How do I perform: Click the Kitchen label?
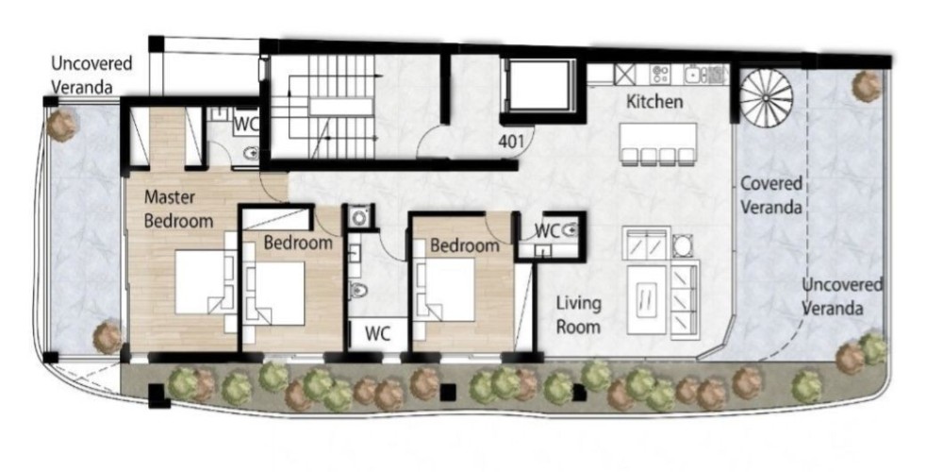655,102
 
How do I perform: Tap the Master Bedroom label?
178,209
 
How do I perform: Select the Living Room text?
578,314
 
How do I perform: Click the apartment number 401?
509,143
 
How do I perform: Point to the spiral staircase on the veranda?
766,97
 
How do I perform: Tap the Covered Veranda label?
771,195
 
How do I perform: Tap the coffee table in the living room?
647,300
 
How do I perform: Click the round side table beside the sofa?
683,245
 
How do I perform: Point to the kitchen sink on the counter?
694,75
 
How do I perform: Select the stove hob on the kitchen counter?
660,75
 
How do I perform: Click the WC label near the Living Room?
547,230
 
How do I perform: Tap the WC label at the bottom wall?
378,333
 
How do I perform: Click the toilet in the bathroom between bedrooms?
357,291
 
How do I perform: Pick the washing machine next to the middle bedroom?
360,217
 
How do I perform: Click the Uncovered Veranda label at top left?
91,76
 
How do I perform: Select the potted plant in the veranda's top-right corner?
867,86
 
